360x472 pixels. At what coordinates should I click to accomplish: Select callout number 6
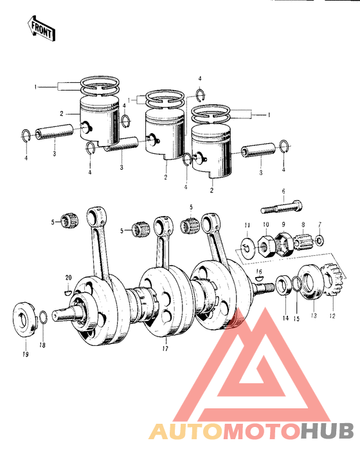tap(282, 192)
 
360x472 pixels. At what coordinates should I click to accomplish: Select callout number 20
tap(68, 278)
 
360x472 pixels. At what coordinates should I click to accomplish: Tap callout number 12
tap(332, 315)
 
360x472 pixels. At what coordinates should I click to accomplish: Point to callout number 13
tap(314, 316)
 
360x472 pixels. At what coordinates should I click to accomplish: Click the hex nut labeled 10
tap(264, 245)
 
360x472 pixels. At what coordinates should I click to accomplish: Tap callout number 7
tap(319, 224)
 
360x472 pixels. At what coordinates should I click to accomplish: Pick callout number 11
tap(246, 224)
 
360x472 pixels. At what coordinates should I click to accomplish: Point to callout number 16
tap(258, 272)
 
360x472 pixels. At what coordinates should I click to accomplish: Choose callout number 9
tap(282, 224)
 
